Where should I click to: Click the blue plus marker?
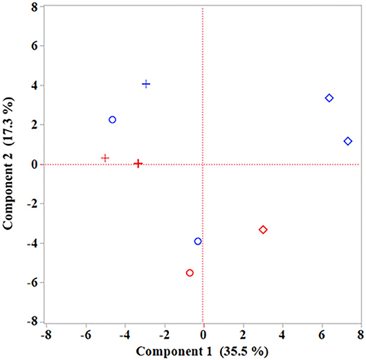pyautogui.click(x=146, y=84)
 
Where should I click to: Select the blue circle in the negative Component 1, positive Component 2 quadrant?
pyautogui.click(x=112, y=120)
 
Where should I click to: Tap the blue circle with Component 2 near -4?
pyautogui.click(x=198, y=242)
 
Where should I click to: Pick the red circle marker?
pyautogui.click(x=190, y=273)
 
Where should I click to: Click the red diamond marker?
pyautogui.click(x=263, y=230)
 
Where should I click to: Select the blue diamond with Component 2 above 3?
pyautogui.click(x=329, y=98)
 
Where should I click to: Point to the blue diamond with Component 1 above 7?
pyautogui.click(x=348, y=141)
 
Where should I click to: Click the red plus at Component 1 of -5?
pyautogui.click(x=105, y=158)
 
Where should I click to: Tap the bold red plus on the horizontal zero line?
pyautogui.click(x=138, y=164)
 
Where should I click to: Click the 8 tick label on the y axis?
pyautogui.click(x=33, y=7)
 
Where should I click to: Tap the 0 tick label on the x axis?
pyautogui.click(x=203, y=334)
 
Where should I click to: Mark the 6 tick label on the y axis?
pyautogui.click(x=33, y=46)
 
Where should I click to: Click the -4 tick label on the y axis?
pyautogui.click(x=31, y=243)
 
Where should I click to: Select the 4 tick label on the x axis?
pyautogui.click(x=282, y=334)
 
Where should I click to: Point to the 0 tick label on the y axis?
pyautogui.click(x=33, y=165)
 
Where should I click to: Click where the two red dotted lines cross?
pyautogui.click(x=203, y=165)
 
